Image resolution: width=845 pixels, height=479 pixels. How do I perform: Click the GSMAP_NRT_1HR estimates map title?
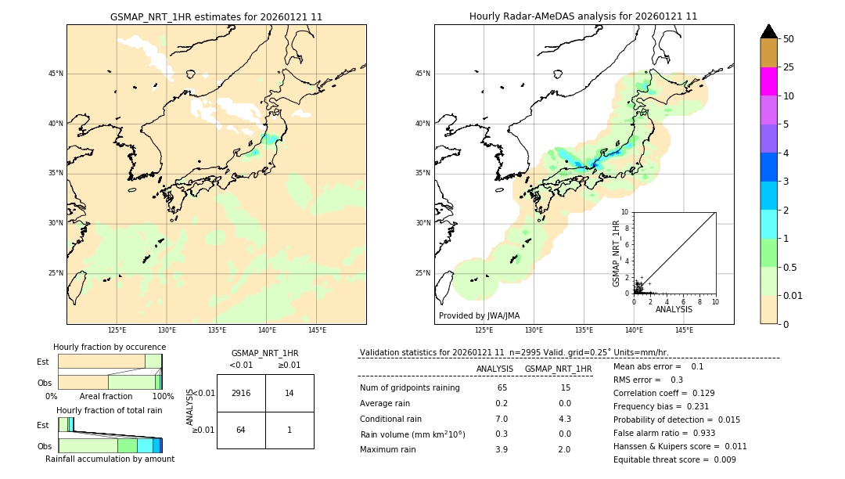216,16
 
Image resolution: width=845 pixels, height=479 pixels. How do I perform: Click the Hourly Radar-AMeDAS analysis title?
583,16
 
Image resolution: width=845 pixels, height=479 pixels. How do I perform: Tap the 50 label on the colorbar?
789,39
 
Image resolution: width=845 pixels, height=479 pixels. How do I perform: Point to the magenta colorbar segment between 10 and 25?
768,81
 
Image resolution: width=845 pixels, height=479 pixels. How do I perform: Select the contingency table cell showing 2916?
241,393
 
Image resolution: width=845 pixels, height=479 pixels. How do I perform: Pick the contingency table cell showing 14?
289,393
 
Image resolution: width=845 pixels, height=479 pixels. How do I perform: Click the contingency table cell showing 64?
241,430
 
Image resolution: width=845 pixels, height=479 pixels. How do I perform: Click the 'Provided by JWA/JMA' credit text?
479,315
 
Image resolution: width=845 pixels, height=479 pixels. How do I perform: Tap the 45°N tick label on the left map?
56,74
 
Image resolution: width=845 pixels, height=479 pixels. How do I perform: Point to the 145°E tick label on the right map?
684,330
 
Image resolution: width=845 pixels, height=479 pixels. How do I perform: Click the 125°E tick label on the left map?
117,330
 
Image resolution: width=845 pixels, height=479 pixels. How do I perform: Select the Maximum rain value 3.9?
502,449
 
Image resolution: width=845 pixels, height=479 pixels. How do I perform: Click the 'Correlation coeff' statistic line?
664,393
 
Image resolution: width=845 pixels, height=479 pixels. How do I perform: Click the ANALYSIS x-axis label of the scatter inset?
674,309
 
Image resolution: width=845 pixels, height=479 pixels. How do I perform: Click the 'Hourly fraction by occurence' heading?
110,347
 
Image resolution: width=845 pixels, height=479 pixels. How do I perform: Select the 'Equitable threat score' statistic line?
674,459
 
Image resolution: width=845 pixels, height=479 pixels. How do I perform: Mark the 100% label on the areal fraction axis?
163,396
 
